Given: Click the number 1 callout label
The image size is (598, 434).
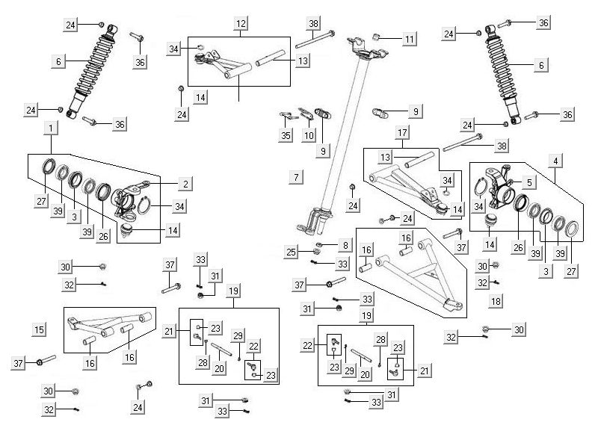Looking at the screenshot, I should pos(49,128).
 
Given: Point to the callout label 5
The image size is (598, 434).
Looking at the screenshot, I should pos(529,182).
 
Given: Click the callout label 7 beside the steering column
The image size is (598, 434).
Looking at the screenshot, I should pos(297,177).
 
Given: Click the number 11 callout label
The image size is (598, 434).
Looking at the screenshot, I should pos(408,38).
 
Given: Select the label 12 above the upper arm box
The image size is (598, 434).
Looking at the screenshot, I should pos(239,24).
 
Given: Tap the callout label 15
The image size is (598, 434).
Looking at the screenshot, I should pos(39,329).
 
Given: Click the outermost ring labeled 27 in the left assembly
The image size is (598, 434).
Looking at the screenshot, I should pos(48,167).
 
